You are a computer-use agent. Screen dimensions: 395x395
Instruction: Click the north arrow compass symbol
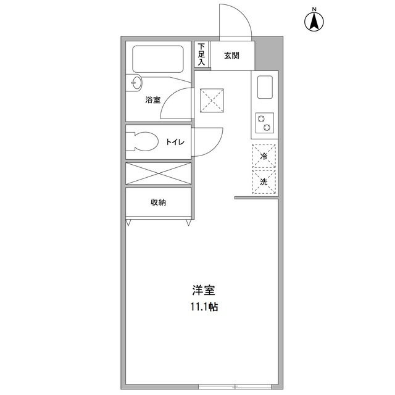[x=314, y=20]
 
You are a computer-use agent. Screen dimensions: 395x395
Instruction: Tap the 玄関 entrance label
[x=231, y=56]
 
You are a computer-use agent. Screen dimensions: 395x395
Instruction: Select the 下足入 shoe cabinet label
[x=201, y=54]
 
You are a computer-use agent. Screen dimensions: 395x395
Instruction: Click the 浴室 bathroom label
[x=152, y=99]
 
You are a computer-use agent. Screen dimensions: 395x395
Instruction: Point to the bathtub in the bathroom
[x=158, y=59]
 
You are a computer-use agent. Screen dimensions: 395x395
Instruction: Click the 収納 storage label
[x=158, y=202]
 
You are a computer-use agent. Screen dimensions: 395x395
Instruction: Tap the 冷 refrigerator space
[x=264, y=157]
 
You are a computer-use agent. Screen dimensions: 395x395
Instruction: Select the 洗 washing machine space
[x=264, y=182]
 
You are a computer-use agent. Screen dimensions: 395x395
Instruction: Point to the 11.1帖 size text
[x=204, y=306]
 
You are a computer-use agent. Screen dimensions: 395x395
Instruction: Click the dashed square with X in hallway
[x=212, y=100]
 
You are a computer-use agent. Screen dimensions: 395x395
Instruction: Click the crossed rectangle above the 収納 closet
[x=158, y=173]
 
